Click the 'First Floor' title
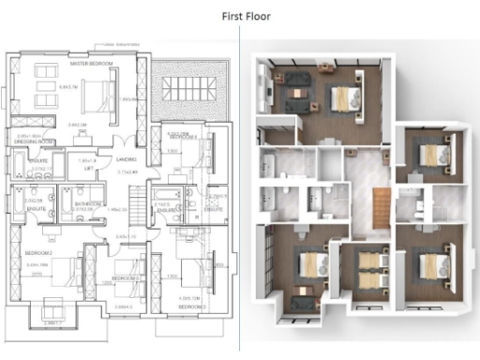(239, 16)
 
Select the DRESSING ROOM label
(32, 142)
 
